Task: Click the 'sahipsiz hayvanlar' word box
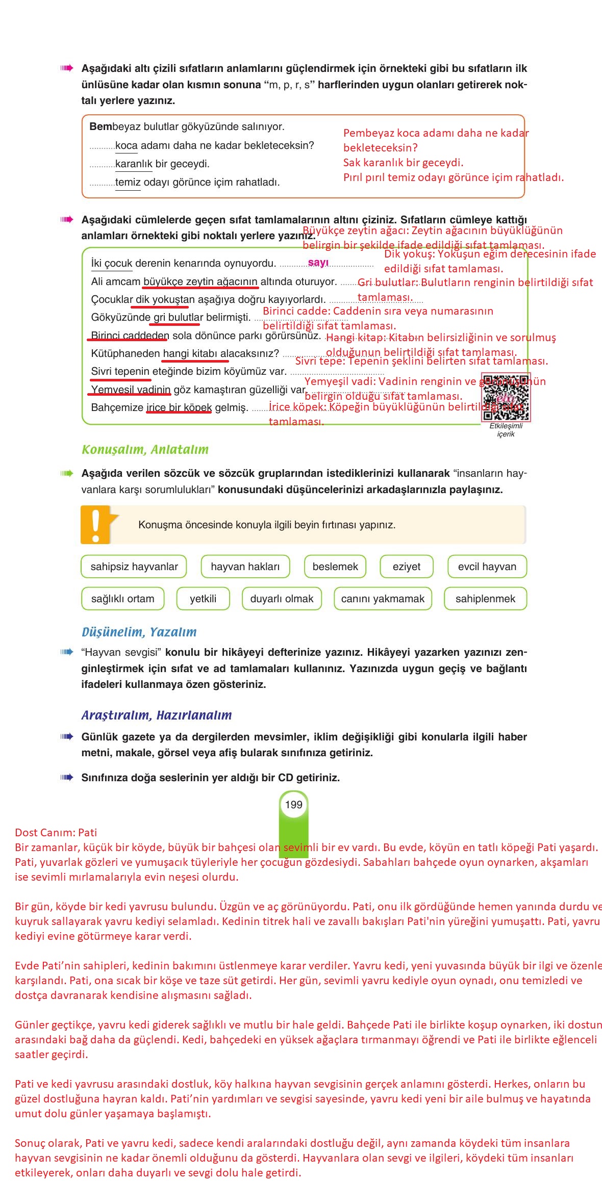[x=134, y=567]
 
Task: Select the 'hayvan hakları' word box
[x=245, y=567]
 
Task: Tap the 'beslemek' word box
[x=335, y=567]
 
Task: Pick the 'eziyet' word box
[x=407, y=567]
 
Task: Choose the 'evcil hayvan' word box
[x=487, y=567]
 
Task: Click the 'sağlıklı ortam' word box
[x=122, y=599]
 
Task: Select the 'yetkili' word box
[x=203, y=599]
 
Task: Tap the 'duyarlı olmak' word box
[x=282, y=599]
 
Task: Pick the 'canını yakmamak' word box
[x=383, y=599]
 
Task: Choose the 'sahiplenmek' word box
[x=485, y=599]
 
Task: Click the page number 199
[x=294, y=805]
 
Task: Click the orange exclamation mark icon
[x=96, y=525]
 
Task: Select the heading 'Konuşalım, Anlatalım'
[x=145, y=450]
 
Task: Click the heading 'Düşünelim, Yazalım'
[x=139, y=632]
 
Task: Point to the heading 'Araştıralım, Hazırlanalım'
[x=157, y=715]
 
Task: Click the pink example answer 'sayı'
[x=318, y=263]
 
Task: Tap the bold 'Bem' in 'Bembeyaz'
[x=101, y=126]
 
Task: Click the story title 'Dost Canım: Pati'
[x=56, y=833]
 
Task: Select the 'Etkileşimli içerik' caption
[x=506, y=430]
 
